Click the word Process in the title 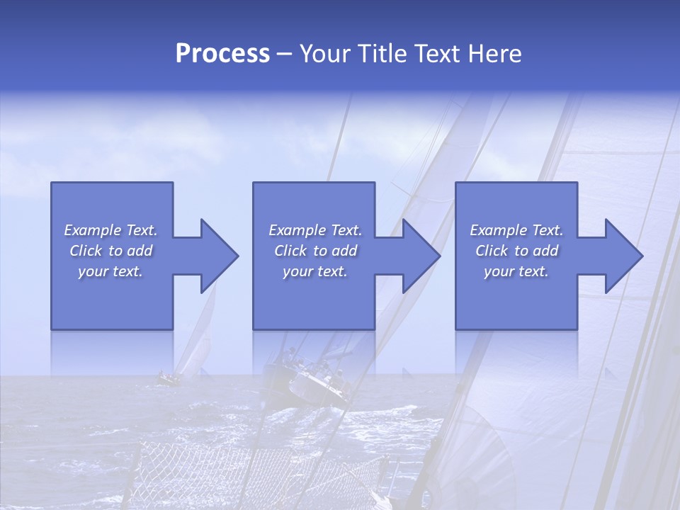pyautogui.click(x=222, y=54)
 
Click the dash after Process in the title pyautogui.click(x=285, y=55)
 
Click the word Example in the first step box pyautogui.click(x=93, y=230)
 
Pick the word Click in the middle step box pyautogui.click(x=290, y=251)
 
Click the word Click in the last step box pyautogui.click(x=492, y=251)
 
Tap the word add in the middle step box pyautogui.click(x=344, y=251)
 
